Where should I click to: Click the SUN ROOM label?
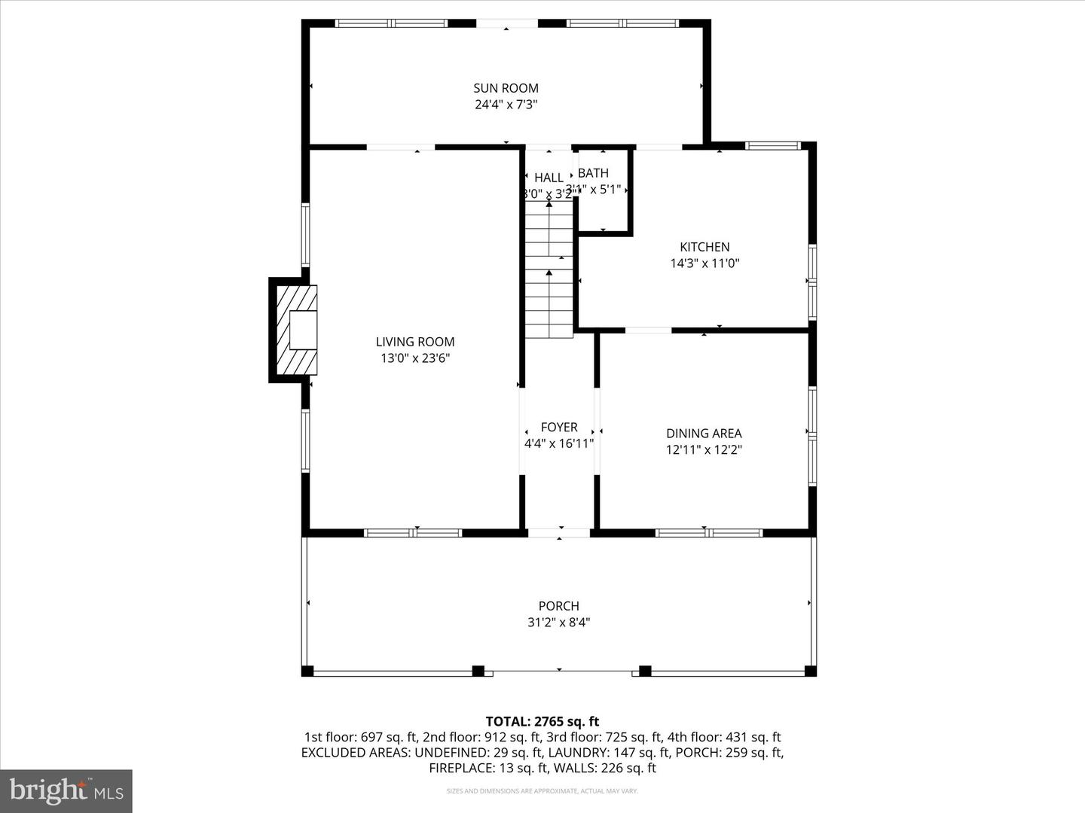pyautogui.click(x=506, y=88)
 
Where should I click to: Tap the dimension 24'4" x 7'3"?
pyautogui.click(x=506, y=105)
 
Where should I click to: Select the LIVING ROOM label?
pyautogui.click(x=415, y=342)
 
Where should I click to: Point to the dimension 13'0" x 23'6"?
pyautogui.click(x=415, y=359)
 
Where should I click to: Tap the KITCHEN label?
pyautogui.click(x=704, y=247)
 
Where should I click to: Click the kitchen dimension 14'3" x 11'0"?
pyautogui.click(x=704, y=263)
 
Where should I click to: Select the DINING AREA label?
pyautogui.click(x=704, y=434)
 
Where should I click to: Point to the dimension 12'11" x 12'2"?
pyautogui.click(x=704, y=450)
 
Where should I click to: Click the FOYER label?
pyautogui.click(x=559, y=427)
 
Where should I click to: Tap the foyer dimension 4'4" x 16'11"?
pyautogui.click(x=559, y=444)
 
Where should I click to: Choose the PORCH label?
pyautogui.click(x=559, y=606)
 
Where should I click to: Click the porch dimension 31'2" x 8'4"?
pyautogui.click(x=559, y=623)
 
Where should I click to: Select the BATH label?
pyautogui.click(x=594, y=173)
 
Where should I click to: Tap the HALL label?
pyautogui.click(x=549, y=178)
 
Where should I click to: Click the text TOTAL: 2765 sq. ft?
pyautogui.click(x=542, y=722)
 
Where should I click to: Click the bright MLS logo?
pyautogui.click(x=66, y=790)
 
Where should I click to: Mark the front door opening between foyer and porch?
pyautogui.click(x=559, y=533)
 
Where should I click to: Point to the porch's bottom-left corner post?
pyautogui.click(x=307, y=671)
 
